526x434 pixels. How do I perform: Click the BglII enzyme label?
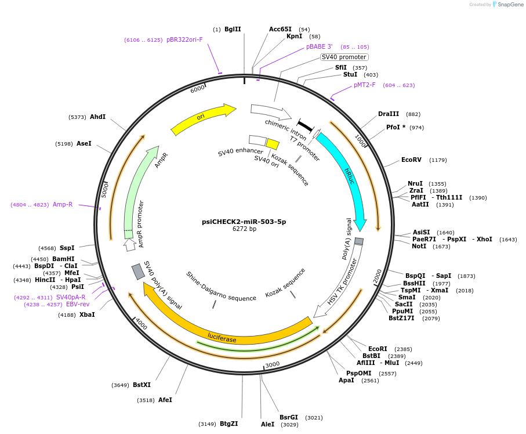(x=233, y=29)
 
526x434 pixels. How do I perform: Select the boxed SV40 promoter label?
(x=344, y=57)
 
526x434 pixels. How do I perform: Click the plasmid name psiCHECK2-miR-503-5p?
(x=244, y=222)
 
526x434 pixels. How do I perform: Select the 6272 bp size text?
(x=244, y=229)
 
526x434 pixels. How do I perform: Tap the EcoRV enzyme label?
(x=411, y=160)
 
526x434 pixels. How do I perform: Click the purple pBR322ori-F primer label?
(x=184, y=40)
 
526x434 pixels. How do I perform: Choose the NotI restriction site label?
(x=419, y=247)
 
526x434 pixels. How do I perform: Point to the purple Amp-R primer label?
(x=63, y=204)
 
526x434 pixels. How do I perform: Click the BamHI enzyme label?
(x=63, y=259)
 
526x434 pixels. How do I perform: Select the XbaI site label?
(x=87, y=314)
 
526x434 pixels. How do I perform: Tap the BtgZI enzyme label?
(x=228, y=424)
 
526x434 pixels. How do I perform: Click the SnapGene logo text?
(x=510, y=5)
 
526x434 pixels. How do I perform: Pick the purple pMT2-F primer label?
(x=365, y=85)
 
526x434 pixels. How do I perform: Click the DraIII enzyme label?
(x=389, y=114)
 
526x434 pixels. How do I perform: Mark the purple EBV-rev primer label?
(x=78, y=304)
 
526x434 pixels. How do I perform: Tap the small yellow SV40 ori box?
(x=273, y=144)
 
